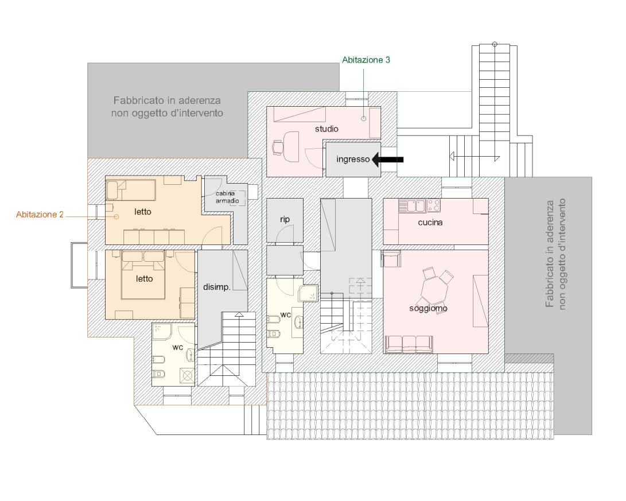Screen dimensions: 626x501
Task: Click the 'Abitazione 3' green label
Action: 366,60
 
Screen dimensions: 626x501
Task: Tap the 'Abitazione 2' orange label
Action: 40,215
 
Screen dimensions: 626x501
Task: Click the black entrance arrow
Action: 388,160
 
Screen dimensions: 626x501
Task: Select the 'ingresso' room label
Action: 353,160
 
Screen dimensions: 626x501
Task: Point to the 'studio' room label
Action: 326,129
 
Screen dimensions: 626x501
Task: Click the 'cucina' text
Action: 430,222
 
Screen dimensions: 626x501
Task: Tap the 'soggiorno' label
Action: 428,308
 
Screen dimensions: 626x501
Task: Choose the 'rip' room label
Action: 285,219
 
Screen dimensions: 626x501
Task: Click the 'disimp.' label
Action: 216,287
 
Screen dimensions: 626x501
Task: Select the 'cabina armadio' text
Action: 227,197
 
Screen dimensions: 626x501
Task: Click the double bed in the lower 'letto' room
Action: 143,275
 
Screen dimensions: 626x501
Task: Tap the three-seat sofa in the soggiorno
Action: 409,344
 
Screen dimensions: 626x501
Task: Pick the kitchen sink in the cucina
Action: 413,206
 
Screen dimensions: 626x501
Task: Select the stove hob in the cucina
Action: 434,205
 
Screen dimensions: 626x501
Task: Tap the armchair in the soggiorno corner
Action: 391,258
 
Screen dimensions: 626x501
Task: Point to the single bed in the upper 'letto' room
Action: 131,190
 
